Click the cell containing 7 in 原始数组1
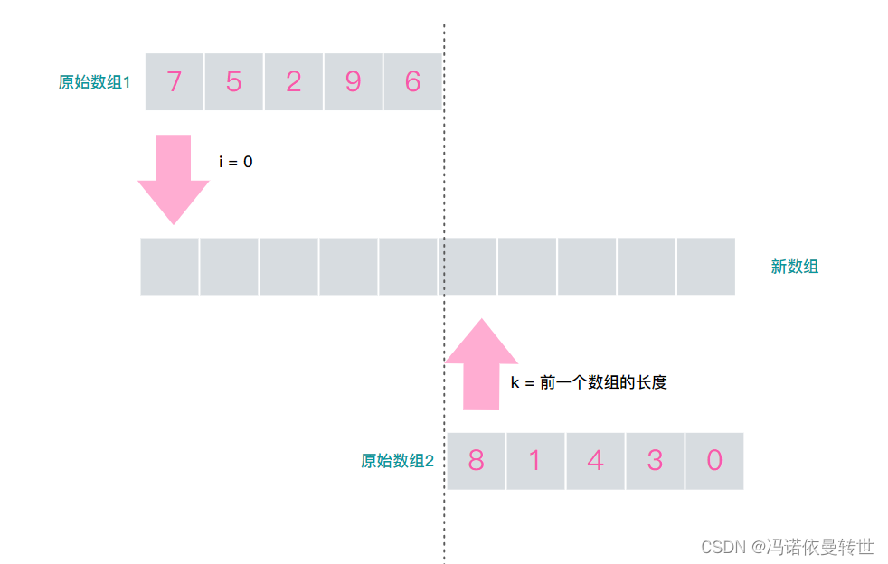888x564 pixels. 175,81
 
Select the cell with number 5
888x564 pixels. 234,81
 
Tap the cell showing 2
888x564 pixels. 294,81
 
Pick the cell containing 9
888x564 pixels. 354,81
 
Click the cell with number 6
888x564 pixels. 412,81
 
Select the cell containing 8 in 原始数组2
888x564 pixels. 476,461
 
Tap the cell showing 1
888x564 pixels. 535,461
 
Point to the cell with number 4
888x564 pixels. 595,461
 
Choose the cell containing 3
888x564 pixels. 655,461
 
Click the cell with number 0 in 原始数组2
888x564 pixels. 714,461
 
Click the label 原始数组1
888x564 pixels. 95,82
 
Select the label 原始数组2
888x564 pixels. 398,461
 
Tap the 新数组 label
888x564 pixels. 794,267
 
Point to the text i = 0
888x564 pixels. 236,162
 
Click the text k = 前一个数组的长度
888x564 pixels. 589,382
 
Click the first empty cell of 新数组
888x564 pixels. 169,267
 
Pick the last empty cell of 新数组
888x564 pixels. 706,267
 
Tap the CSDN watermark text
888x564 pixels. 787,547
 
